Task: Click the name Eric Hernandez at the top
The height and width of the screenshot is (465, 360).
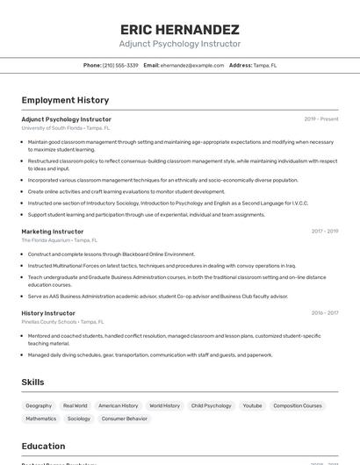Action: click(179, 29)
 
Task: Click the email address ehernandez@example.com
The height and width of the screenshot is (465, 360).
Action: click(192, 65)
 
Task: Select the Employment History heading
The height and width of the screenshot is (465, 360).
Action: click(65, 100)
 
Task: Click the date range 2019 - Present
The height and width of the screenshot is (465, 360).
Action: click(320, 118)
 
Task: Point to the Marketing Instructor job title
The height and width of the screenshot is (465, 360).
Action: click(53, 231)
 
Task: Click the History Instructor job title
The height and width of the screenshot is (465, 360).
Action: click(48, 312)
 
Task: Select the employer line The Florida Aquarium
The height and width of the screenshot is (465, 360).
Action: click(59, 240)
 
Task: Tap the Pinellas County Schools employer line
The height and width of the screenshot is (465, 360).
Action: click(62, 321)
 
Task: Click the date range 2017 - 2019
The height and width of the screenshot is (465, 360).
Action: click(324, 231)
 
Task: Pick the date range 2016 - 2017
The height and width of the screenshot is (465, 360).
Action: click(324, 312)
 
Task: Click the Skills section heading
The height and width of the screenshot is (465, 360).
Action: click(32, 383)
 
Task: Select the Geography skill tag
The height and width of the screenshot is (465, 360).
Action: click(39, 406)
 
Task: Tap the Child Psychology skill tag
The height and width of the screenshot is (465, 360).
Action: click(211, 406)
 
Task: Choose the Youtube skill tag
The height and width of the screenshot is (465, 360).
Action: click(252, 406)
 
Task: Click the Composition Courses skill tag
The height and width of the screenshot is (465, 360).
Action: click(298, 406)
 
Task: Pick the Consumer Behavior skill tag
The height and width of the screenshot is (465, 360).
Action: click(124, 418)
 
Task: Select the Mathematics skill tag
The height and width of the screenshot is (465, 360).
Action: click(40, 418)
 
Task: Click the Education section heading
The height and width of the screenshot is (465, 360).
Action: click(43, 446)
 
